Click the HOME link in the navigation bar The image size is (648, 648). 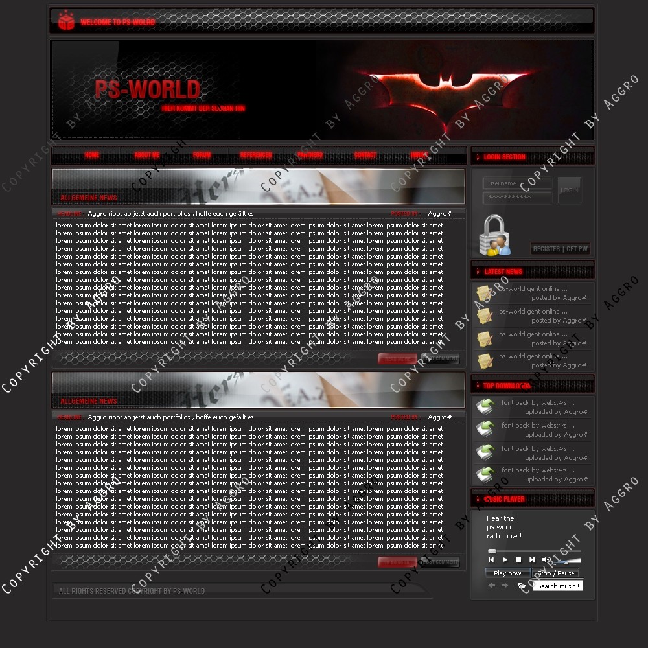pyautogui.click(x=92, y=156)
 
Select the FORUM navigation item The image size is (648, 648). pyautogui.click(x=202, y=156)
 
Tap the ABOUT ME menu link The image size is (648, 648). pyautogui.click(x=147, y=156)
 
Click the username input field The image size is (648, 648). pyautogui.click(x=517, y=183)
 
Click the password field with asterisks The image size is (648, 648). pyautogui.click(x=517, y=197)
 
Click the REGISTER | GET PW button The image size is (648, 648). pyautogui.click(x=561, y=249)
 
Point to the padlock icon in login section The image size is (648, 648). pyautogui.click(x=494, y=235)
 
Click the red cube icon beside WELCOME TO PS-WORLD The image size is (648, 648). pyautogui.click(x=66, y=21)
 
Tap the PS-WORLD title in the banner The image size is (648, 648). pyautogui.click(x=147, y=89)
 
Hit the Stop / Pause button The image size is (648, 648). pyautogui.click(x=556, y=573)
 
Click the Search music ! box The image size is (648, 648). pyautogui.click(x=557, y=586)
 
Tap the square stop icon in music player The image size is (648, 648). pyautogui.click(x=518, y=559)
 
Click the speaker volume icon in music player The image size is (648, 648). pyautogui.click(x=546, y=559)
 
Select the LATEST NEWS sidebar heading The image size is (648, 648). pyautogui.click(x=503, y=272)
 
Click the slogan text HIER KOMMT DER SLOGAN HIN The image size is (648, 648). pyautogui.click(x=203, y=108)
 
